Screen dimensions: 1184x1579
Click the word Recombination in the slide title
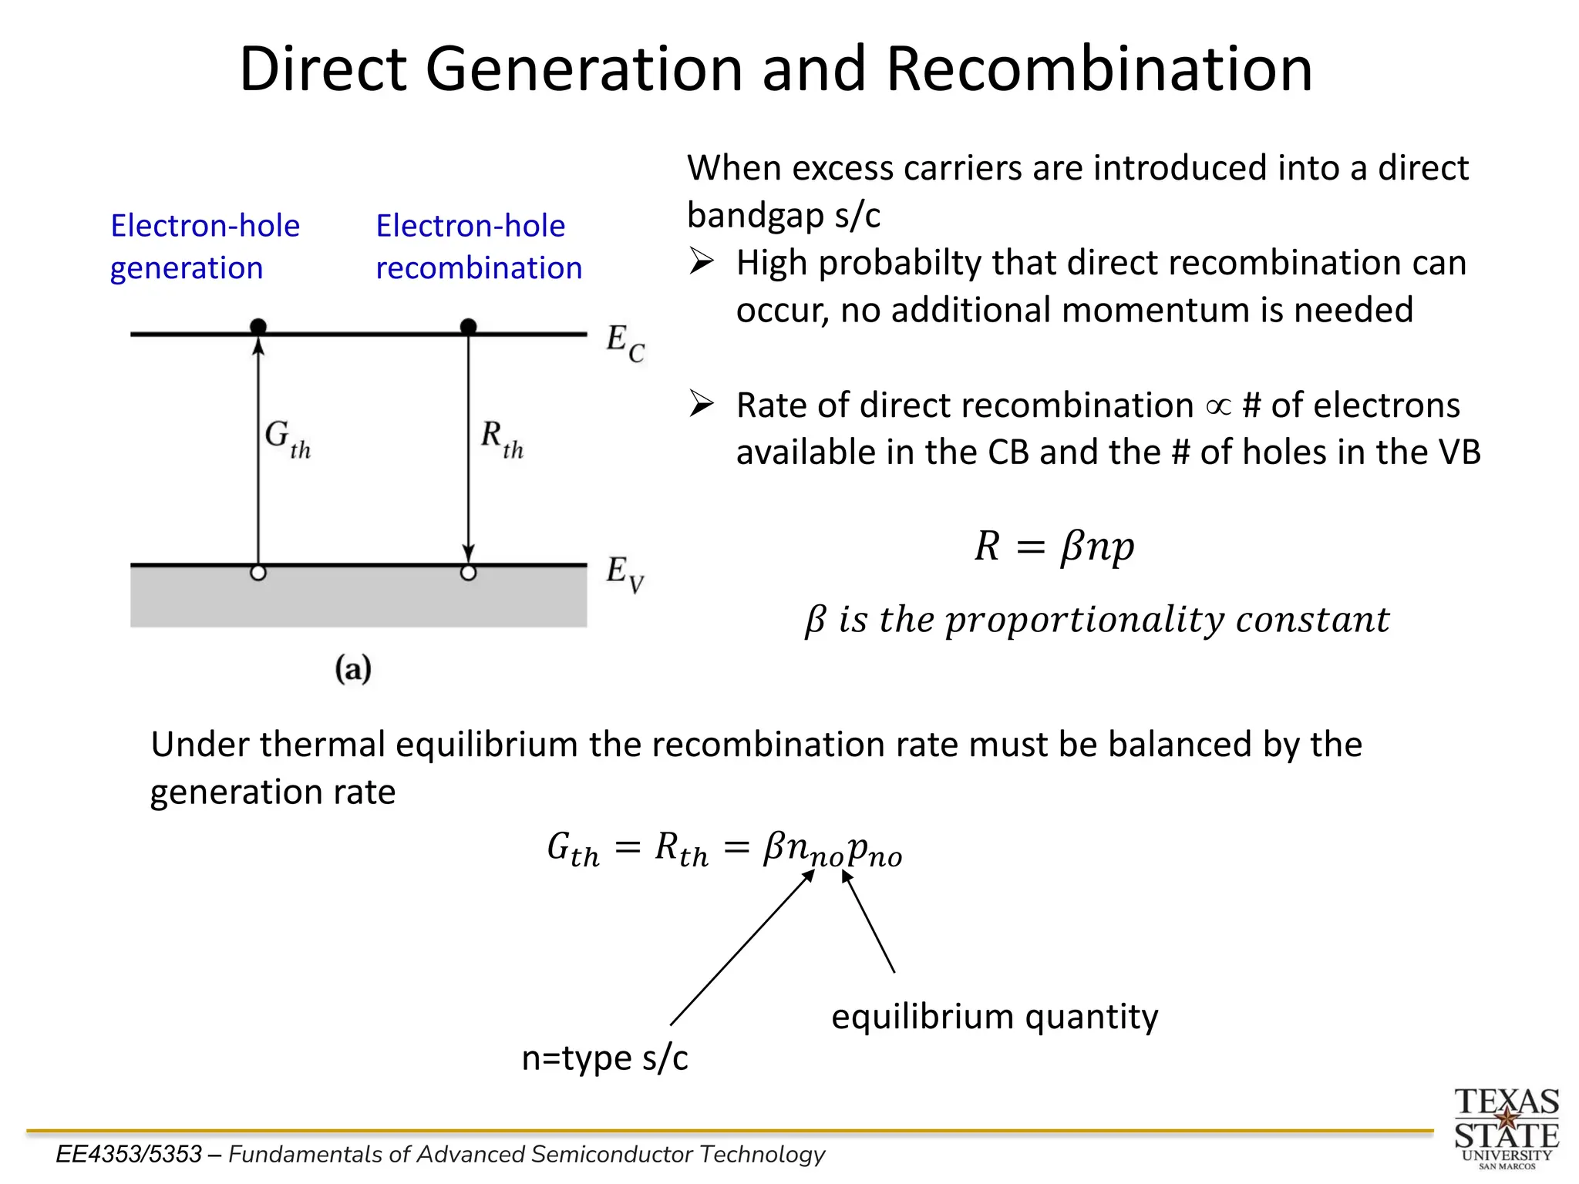point(1099,69)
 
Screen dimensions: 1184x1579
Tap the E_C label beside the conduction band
point(625,342)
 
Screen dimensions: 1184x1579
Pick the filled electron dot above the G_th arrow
point(258,327)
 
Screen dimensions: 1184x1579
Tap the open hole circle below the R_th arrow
point(468,573)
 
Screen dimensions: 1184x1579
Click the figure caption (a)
point(353,668)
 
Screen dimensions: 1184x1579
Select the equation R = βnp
point(1054,547)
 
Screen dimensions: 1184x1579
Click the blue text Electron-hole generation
point(204,247)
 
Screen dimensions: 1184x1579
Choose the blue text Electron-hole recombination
point(478,247)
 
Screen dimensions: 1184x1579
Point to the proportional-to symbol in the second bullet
point(1218,406)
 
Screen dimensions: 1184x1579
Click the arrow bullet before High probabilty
point(701,262)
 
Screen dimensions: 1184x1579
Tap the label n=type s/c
point(604,1058)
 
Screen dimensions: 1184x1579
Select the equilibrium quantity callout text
point(995,1016)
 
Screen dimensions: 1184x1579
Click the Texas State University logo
point(1506,1128)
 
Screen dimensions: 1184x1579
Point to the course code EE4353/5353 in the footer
point(129,1154)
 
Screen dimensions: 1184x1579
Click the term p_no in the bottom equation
point(874,851)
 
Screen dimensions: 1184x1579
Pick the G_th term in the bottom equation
point(573,851)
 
